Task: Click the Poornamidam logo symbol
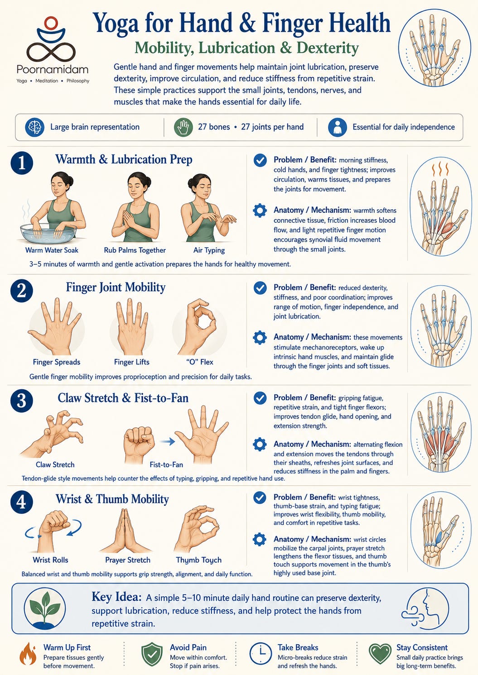tap(51, 40)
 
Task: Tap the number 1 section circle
tap(22, 163)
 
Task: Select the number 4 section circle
tap(22, 503)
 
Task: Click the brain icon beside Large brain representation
tap(35, 127)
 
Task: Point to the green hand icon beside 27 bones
tap(183, 127)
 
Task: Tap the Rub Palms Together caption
tap(135, 250)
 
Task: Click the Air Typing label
tap(209, 250)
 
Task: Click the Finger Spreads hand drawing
tap(55, 327)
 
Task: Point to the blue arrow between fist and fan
tap(167, 442)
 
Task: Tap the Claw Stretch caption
tap(55, 464)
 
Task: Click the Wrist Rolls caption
tap(50, 560)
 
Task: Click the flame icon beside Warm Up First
tap(29, 654)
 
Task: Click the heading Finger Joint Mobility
tap(116, 287)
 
